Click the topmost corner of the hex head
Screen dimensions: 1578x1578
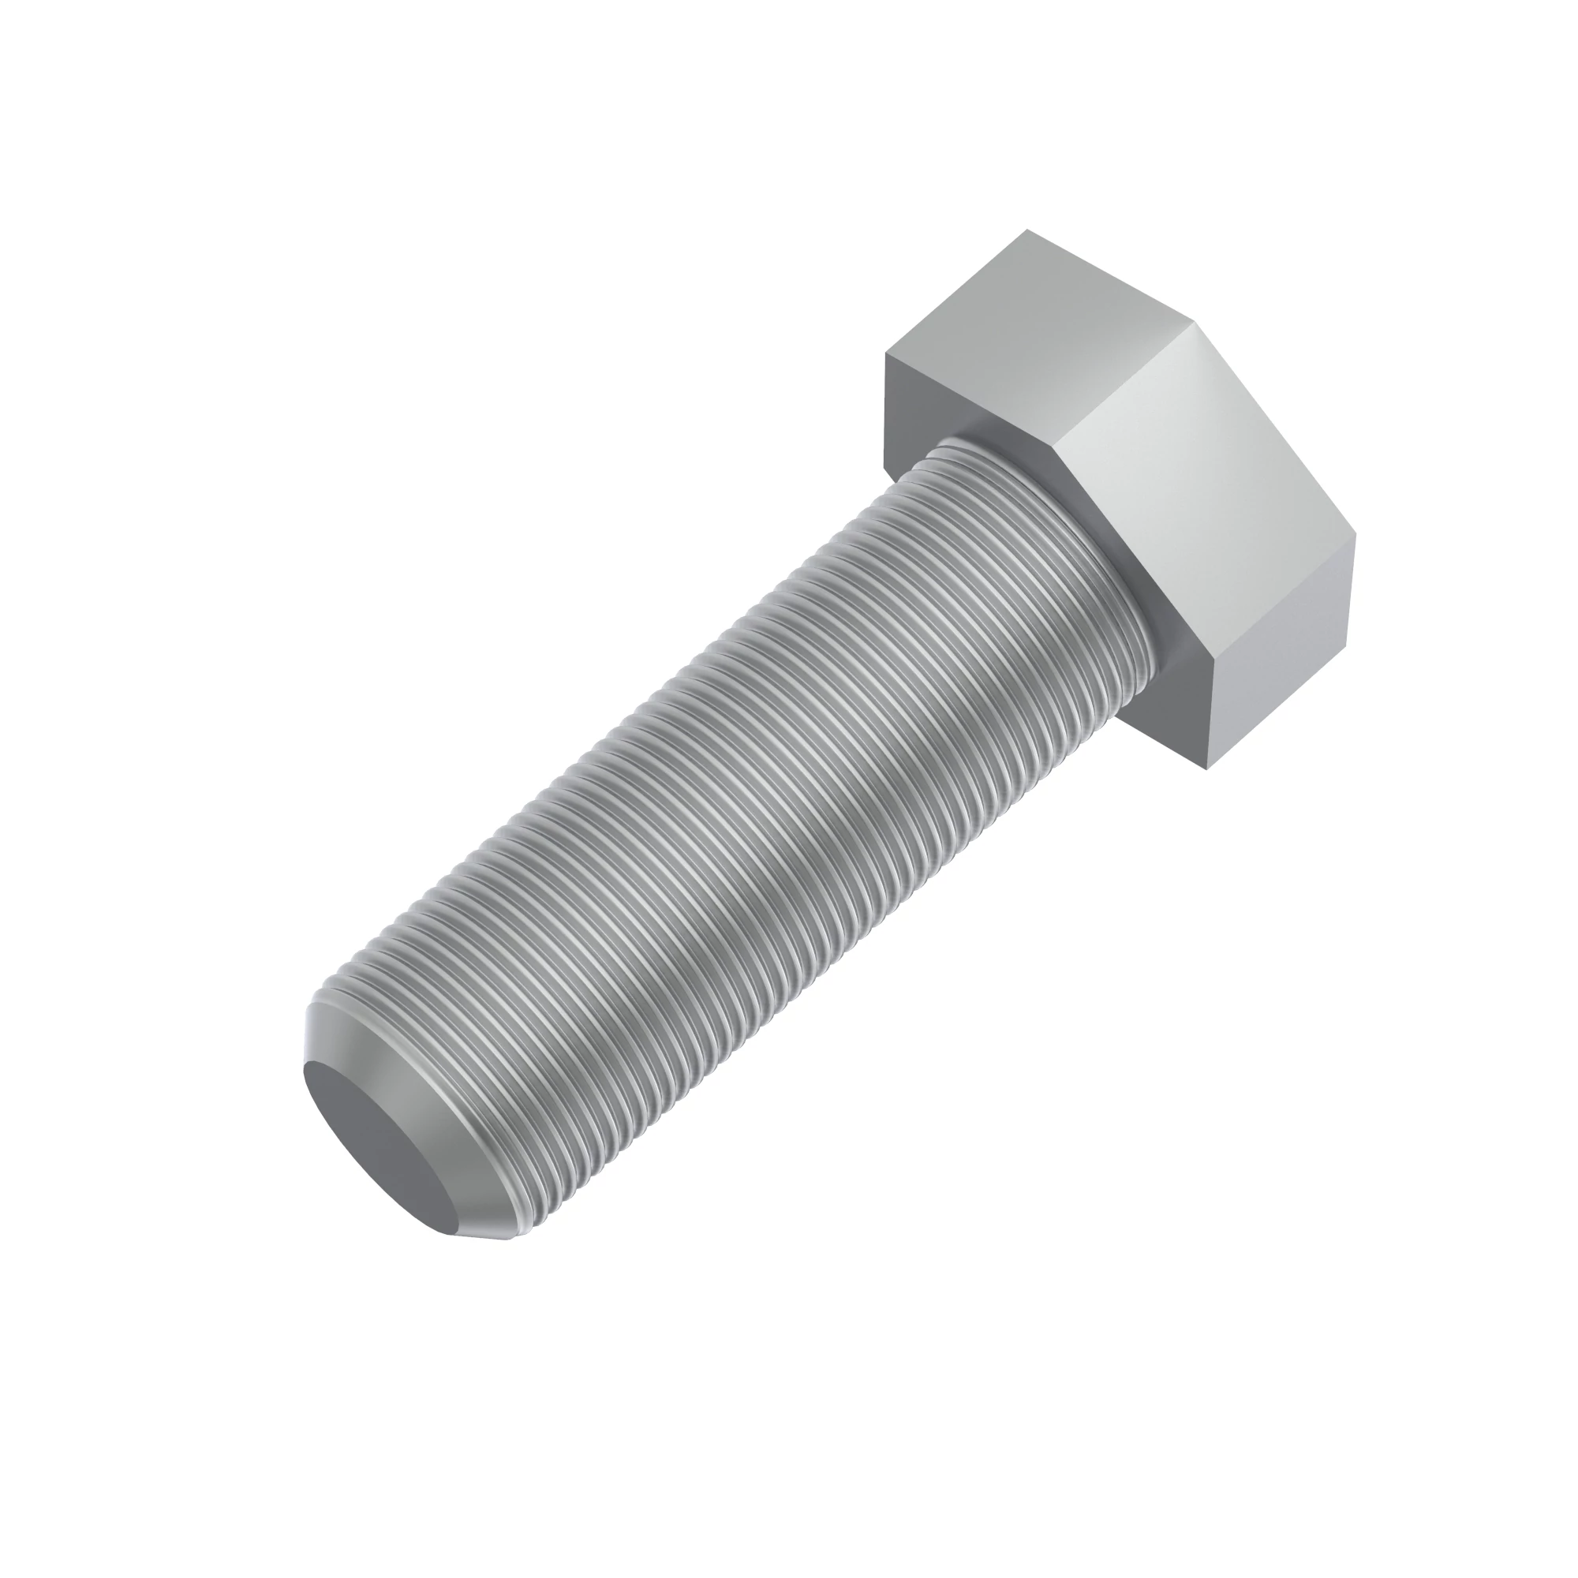(1027, 230)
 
